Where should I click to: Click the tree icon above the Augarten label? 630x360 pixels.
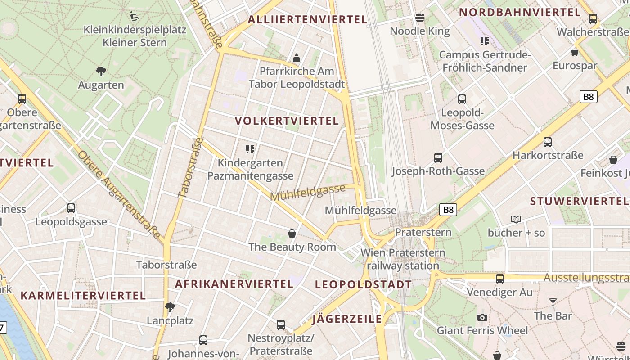101,71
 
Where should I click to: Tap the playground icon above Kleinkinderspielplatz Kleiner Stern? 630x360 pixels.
134,17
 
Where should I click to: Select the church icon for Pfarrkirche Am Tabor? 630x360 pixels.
296,58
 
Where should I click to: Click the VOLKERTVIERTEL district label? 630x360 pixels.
287,121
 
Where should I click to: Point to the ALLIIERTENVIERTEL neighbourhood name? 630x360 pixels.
307,19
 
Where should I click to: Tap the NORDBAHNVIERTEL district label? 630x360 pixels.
520,12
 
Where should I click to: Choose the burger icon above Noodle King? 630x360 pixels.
420,18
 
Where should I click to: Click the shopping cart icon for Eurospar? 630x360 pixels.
575,52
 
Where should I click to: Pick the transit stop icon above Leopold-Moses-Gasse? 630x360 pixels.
462,99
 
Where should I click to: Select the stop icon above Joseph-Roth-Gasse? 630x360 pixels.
438,158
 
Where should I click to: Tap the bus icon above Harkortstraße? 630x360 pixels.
548,142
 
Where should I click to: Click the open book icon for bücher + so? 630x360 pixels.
516,220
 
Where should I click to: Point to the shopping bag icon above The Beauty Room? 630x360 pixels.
292,234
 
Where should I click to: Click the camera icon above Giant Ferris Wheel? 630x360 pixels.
482,317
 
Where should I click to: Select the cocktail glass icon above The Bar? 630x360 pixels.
553,302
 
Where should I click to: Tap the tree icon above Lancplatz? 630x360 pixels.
170,307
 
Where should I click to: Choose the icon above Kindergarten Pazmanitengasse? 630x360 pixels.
250,149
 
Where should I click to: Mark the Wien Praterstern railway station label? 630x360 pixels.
403,259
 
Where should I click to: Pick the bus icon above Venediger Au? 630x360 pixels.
499,279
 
